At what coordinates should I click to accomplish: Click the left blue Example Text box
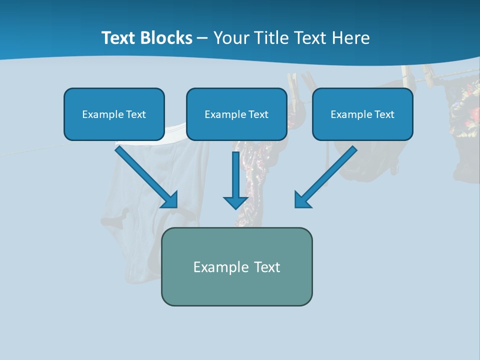coord(114,114)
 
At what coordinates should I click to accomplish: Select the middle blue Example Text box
coord(236,114)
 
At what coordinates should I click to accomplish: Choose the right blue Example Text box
coord(362,114)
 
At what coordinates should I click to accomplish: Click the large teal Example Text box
coord(236,266)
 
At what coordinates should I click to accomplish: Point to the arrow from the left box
coord(145,175)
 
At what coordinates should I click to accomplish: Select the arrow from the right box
coord(327,175)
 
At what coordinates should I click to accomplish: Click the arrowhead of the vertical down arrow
coord(235,202)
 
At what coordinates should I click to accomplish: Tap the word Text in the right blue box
coord(383,114)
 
